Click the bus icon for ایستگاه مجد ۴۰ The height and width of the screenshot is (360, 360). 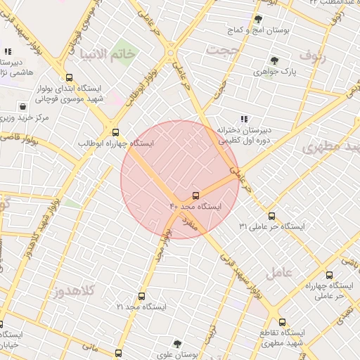[x=195, y=195]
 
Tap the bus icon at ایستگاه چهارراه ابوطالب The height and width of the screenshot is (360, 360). [x=115, y=131]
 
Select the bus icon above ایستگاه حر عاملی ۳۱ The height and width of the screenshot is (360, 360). [x=272, y=216]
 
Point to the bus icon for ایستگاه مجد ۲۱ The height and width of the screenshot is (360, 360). [x=141, y=296]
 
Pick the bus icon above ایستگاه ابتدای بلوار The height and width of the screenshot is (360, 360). [x=68, y=78]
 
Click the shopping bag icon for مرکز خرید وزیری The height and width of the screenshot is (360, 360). [x=24, y=107]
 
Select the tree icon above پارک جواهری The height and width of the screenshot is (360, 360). [x=274, y=60]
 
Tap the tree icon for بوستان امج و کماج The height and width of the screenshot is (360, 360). [x=258, y=19]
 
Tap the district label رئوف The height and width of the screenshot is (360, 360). [x=313, y=53]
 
